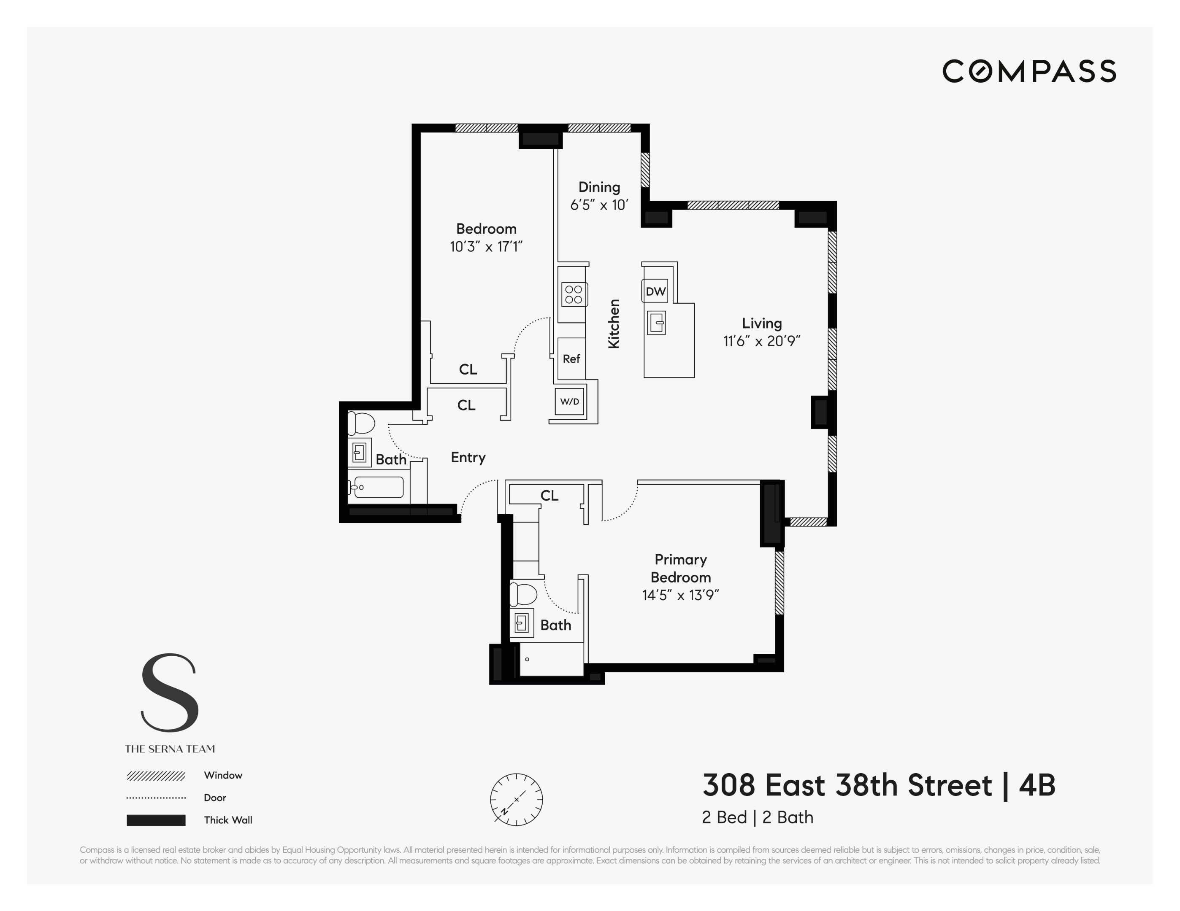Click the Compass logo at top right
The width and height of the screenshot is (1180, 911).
pyautogui.click(x=1029, y=71)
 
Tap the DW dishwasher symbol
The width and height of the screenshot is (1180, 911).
pyautogui.click(x=655, y=291)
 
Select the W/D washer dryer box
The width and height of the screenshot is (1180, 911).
pyautogui.click(x=569, y=401)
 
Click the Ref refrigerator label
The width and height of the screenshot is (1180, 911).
pyautogui.click(x=571, y=358)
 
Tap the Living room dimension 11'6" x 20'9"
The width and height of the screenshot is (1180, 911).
pyautogui.click(x=761, y=341)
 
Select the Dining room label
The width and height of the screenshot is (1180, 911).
pyautogui.click(x=599, y=187)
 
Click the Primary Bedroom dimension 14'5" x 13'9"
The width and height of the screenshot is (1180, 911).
pyautogui.click(x=680, y=595)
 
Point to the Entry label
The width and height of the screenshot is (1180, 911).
pyautogui.click(x=468, y=457)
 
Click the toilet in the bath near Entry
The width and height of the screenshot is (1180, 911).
pyautogui.click(x=360, y=423)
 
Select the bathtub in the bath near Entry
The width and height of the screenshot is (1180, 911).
pyautogui.click(x=376, y=487)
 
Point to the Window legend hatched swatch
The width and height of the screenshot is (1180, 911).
pyautogui.click(x=156, y=776)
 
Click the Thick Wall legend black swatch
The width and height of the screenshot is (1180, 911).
pyautogui.click(x=156, y=820)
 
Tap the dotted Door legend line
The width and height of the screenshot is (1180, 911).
pyautogui.click(x=156, y=798)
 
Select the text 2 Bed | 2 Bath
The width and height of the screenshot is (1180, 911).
pyautogui.click(x=757, y=817)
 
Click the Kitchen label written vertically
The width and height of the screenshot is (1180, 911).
pyautogui.click(x=613, y=323)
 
